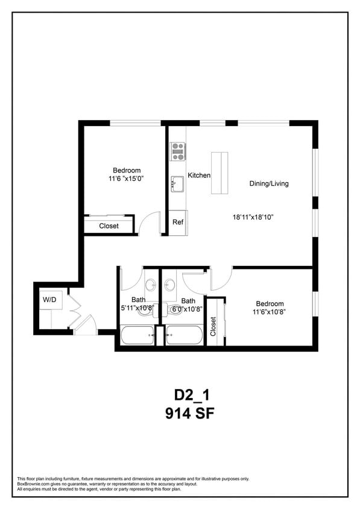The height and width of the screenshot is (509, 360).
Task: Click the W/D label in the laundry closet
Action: click(x=49, y=299)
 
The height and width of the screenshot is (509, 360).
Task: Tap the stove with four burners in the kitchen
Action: click(x=177, y=151)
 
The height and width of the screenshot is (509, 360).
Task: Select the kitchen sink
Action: click(x=177, y=183)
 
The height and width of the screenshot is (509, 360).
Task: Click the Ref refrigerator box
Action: click(x=178, y=223)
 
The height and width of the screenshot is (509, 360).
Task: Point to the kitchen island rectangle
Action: click(x=219, y=173)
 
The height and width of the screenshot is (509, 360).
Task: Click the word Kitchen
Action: click(x=199, y=175)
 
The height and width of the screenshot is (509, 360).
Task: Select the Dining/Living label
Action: click(x=269, y=183)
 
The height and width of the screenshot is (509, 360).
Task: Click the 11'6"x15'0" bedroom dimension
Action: click(x=126, y=179)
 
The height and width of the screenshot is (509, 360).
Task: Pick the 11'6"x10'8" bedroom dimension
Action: click(x=269, y=312)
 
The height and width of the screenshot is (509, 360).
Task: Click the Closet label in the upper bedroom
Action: click(x=109, y=226)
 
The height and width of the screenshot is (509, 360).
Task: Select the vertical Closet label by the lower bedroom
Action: click(x=213, y=326)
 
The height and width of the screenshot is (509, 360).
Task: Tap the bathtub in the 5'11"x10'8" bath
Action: click(x=137, y=335)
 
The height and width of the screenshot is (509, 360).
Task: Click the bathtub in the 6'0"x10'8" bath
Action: click(x=184, y=335)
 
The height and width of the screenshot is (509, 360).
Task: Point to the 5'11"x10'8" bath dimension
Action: click(x=137, y=308)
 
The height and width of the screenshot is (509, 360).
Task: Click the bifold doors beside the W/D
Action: click(x=75, y=306)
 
